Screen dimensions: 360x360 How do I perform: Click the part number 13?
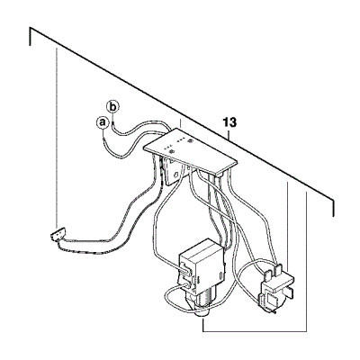[x=229, y=122]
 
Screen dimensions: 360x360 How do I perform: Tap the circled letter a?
[x=103, y=122]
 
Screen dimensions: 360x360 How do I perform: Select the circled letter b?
[x=112, y=106]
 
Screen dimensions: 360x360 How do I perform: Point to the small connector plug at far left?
[x=58, y=234]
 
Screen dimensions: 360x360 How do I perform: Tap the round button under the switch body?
[x=202, y=313]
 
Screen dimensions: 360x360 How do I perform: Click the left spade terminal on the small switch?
[x=267, y=274]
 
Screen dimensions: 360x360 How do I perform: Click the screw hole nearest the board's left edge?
[x=171, y=152]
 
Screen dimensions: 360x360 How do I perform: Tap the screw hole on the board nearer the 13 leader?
[x=190, y=140]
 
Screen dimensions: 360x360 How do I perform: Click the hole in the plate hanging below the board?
[x=177, y=174]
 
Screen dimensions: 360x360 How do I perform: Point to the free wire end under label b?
[x=112, y=123]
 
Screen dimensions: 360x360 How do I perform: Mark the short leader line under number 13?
[x=229, y=134]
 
